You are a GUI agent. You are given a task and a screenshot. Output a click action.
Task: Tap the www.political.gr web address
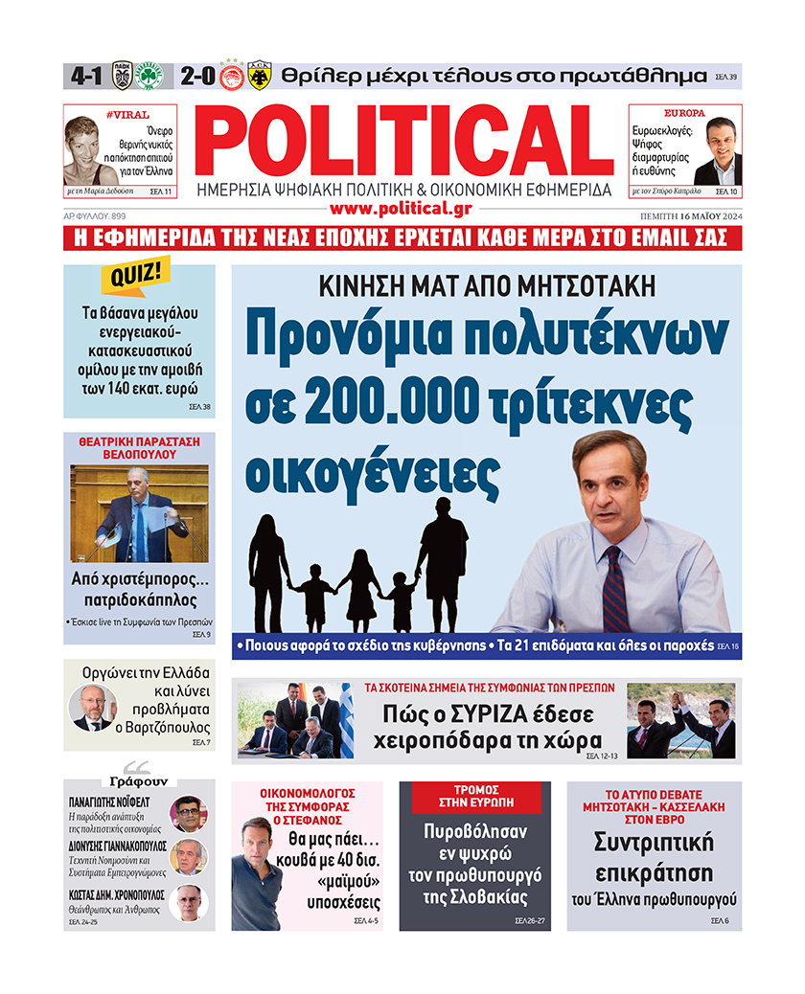[402, 208]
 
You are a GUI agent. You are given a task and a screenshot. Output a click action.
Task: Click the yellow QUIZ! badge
[135, 278]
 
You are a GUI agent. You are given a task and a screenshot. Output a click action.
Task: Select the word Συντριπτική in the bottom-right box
[654, 844]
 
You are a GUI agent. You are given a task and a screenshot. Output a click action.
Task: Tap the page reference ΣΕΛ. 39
[726, 77]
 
